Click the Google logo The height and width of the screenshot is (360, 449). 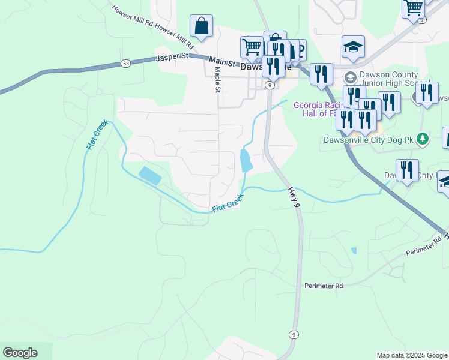20,353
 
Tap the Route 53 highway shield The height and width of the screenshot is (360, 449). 125,63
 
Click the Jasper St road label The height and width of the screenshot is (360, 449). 172,58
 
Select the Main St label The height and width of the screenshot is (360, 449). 221,61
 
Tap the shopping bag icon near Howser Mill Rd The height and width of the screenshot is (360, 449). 202,26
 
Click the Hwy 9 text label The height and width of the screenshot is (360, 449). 293,197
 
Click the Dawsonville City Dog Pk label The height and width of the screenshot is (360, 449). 369,139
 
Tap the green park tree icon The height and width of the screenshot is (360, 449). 423,139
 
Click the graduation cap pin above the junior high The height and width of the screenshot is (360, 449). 354,47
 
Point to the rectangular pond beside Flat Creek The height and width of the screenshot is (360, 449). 150,176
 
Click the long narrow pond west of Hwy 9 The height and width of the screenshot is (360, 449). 246,160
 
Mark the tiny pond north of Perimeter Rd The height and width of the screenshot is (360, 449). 354,250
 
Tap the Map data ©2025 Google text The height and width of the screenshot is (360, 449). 412,355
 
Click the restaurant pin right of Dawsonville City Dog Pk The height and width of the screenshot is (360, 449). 407,170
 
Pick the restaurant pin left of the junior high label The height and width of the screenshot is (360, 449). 322,74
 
